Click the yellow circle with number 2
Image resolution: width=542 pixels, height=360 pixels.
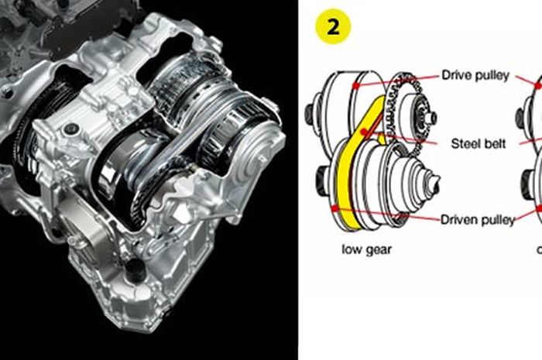334,26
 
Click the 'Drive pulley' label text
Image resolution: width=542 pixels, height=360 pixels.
475,76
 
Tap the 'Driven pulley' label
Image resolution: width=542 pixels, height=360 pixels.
478,220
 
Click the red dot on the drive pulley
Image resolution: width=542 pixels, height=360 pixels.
355,85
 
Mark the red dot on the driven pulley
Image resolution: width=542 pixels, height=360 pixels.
333,207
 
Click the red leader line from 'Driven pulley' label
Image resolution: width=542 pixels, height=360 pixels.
387,214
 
